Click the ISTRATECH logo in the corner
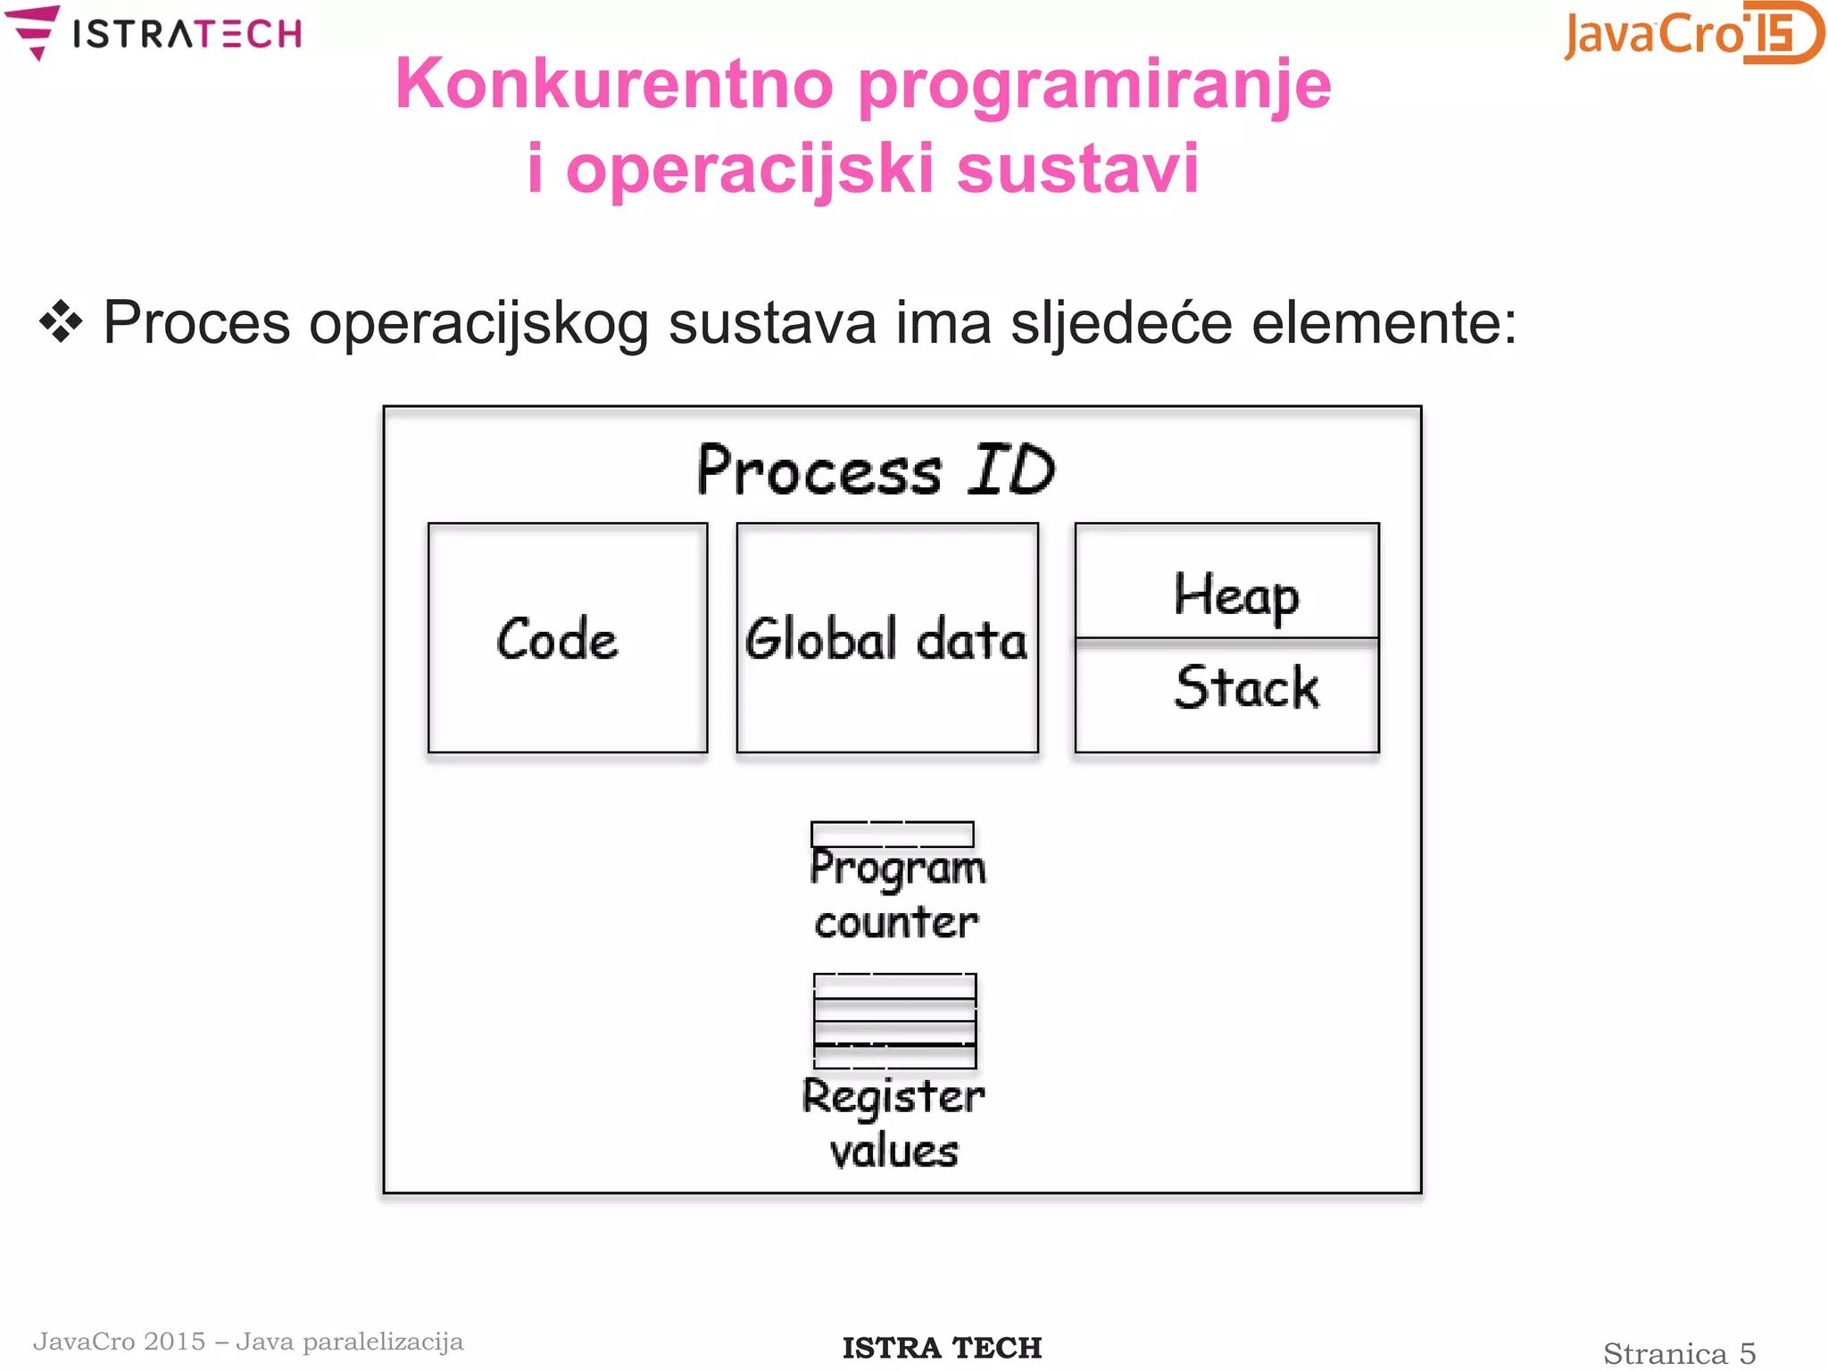click(154, 33)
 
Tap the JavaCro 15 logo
click(1692, 33)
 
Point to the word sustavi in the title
click(1077, 169)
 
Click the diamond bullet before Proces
click(61, 322)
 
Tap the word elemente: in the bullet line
click(1383, 323)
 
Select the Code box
click(568, 638)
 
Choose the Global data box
click(887, 638)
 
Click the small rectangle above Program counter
click(892, 834)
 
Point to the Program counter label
click(896, 894)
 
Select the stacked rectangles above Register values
click(894, 1021)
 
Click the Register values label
click(893, 1123)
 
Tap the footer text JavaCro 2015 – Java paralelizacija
click(248, 1342)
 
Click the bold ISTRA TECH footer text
click(942, 1348)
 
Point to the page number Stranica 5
click(1679, 1353)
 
